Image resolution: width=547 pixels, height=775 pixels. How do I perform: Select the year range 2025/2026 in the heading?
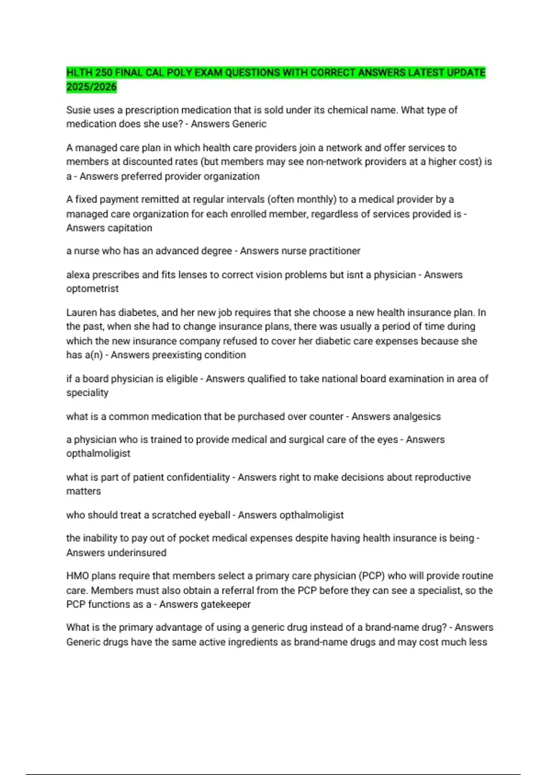click(x=92, y=87)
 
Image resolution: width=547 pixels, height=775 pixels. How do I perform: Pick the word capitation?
click(x=130, y=227)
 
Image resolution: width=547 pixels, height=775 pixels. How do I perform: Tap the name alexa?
click(x=78, y=274)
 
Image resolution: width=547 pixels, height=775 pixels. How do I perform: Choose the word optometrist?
click(x=92, y=289)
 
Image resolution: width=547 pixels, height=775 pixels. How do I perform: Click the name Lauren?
click(x=82, y=312)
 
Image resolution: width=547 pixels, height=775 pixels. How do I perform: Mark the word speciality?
click(x=87, y=393)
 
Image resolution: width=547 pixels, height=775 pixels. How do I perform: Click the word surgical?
click(x=310, y=439)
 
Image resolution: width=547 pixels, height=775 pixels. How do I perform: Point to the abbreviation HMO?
click(x=77, y=576)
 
